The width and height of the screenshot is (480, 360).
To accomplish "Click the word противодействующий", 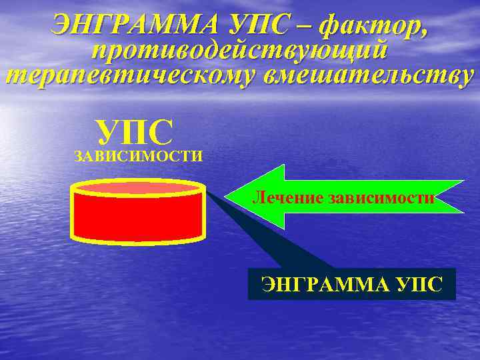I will click(x=240, y=51).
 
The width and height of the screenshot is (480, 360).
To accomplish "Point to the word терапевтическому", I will click(x=131, y=74).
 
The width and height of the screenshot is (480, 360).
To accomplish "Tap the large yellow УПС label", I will click(x=134, y=132).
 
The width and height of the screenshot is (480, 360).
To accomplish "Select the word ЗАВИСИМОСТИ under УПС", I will click(x=139, y=157).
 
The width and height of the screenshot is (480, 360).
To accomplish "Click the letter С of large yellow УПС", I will click(x=161, y=132).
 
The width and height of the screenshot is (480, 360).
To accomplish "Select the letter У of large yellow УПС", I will click(x=107, y=132).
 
